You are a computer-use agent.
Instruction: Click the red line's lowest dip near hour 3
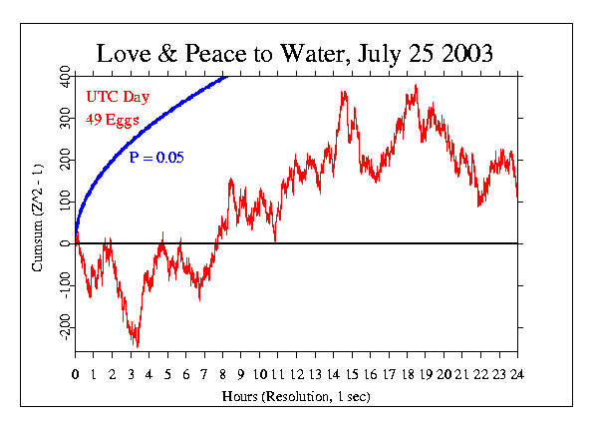(x=137, y=345)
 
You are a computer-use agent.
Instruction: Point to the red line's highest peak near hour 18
(x=415, y=86)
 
